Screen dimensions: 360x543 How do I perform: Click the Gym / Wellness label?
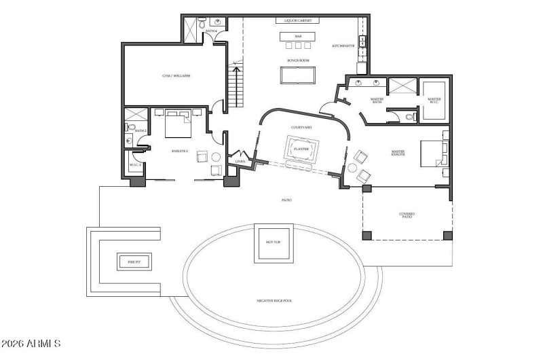[176, 76]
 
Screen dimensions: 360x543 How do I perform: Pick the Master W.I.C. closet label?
[434, 101]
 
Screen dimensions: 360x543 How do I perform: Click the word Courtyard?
[301, 127]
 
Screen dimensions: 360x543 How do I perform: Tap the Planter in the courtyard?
[299, 149]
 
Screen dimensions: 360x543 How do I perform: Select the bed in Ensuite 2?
[180, 124]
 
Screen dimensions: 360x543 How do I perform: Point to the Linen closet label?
[240, 161]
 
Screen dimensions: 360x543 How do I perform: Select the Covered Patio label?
[407, 215]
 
